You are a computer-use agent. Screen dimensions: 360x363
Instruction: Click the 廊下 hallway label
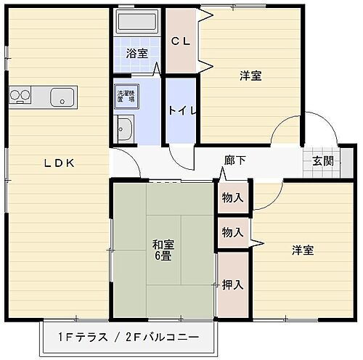(234, 160)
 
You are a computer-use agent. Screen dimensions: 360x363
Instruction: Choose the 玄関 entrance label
(323, 161)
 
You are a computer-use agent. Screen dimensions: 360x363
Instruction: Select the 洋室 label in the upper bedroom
(250, 75)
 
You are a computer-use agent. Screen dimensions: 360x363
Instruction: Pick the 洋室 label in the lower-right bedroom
(303, 250)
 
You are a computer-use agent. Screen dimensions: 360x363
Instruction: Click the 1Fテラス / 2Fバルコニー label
(128, 337)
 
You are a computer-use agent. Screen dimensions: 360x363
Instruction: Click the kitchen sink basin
(62, 95)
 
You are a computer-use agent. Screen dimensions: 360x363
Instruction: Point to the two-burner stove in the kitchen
(20, 95)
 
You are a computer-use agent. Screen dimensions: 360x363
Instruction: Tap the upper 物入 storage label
(232, 197)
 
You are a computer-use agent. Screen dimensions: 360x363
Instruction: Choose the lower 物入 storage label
(232, 232)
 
